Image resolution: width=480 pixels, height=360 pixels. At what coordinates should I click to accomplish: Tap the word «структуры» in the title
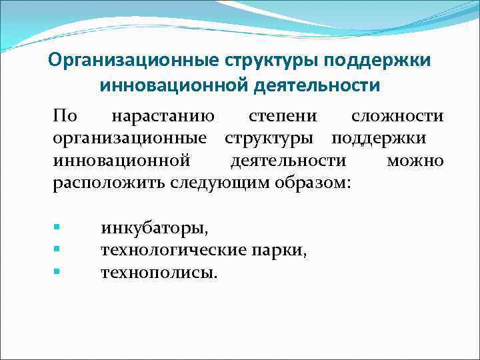[265, 60]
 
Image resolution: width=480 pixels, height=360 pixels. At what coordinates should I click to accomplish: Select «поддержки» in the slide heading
[377, 60]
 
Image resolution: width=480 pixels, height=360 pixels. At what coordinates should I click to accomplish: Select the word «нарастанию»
[163, 117]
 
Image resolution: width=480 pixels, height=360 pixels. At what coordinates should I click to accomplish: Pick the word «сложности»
[397, 117]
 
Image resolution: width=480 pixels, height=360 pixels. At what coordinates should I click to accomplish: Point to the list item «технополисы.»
[159, 273]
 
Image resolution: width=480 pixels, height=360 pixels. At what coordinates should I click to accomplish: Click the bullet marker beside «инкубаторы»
[57, 227]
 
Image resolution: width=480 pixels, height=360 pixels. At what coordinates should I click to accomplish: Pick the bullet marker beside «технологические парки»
[57, 249]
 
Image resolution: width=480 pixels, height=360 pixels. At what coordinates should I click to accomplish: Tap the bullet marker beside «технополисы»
[57, 271]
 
